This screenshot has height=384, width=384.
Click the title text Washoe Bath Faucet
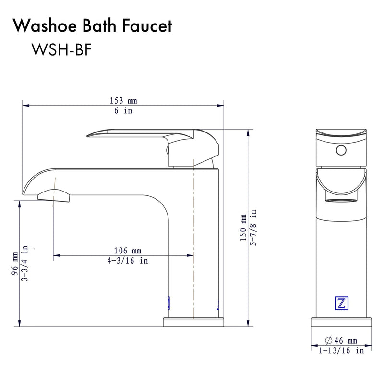coord(93,26)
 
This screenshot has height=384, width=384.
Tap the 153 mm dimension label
coord(123,101)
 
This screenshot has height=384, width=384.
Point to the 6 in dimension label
coord(123,111)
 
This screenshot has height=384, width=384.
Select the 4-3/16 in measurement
coord(127,261)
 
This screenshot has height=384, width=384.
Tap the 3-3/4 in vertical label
coord(24,263)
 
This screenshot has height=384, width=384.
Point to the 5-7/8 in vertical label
coord(253,227)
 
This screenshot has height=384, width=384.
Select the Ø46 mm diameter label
coord(341,340)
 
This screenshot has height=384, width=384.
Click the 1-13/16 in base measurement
coord(341,350)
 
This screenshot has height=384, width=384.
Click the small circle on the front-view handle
coord(341,150)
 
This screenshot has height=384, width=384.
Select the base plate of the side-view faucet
coord(194,322)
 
